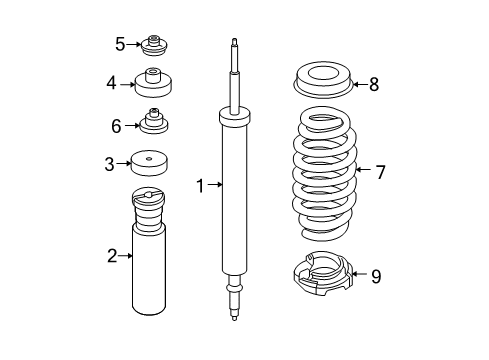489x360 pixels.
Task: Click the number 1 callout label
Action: tap(200, 184)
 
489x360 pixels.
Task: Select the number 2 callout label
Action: tap(112, 257)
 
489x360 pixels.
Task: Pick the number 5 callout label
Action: tap(119, 44)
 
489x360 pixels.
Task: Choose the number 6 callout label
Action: tap(116, 126)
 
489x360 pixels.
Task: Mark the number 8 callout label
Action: tap(373, 84)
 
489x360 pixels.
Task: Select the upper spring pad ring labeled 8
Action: tap(321, 79)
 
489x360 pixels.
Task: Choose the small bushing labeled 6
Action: tap(154, 123)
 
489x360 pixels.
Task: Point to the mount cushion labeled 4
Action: tap(154, 83)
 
